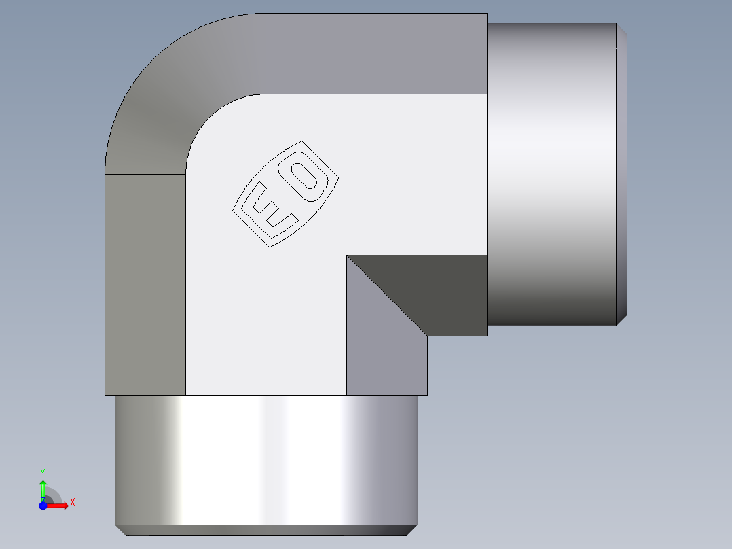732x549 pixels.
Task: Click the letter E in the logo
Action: pyautogui.click(x=271, y=207)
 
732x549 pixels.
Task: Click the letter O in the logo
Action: pyautogui.click(x=306, y=175)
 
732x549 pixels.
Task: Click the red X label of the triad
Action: pyautogui.click(x=73, y=503)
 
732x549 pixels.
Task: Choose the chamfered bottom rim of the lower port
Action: pyautogui.click(x=265, y=530)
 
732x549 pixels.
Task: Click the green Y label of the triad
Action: pyautogui.click(x=43, y=471)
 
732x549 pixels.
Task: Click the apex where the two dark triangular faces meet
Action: pyautogui.click(x=347, y=256)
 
